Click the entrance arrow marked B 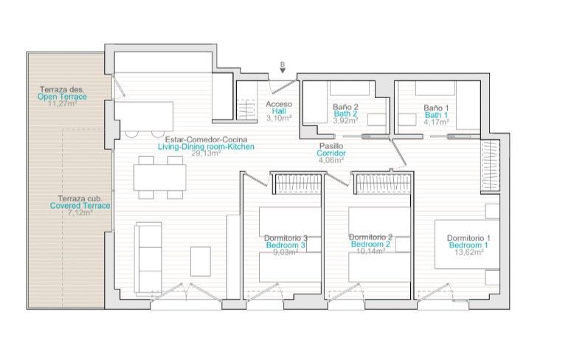[283, 70]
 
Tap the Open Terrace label [62, 97]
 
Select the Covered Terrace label [80, 206]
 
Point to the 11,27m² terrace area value [62, 103]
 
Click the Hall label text [279, 111]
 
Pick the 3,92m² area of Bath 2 [345, 120]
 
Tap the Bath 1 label [436, 115]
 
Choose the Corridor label [331, 153]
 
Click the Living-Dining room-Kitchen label [206, 147]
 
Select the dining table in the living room [160, 178]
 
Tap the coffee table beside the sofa [201, 262]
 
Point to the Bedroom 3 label [286, 245]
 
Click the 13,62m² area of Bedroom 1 [469, 252]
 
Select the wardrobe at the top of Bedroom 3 [297, 184]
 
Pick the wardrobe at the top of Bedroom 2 [383, 184]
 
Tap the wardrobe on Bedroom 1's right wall [490, 165]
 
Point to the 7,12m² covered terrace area [80, 212]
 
